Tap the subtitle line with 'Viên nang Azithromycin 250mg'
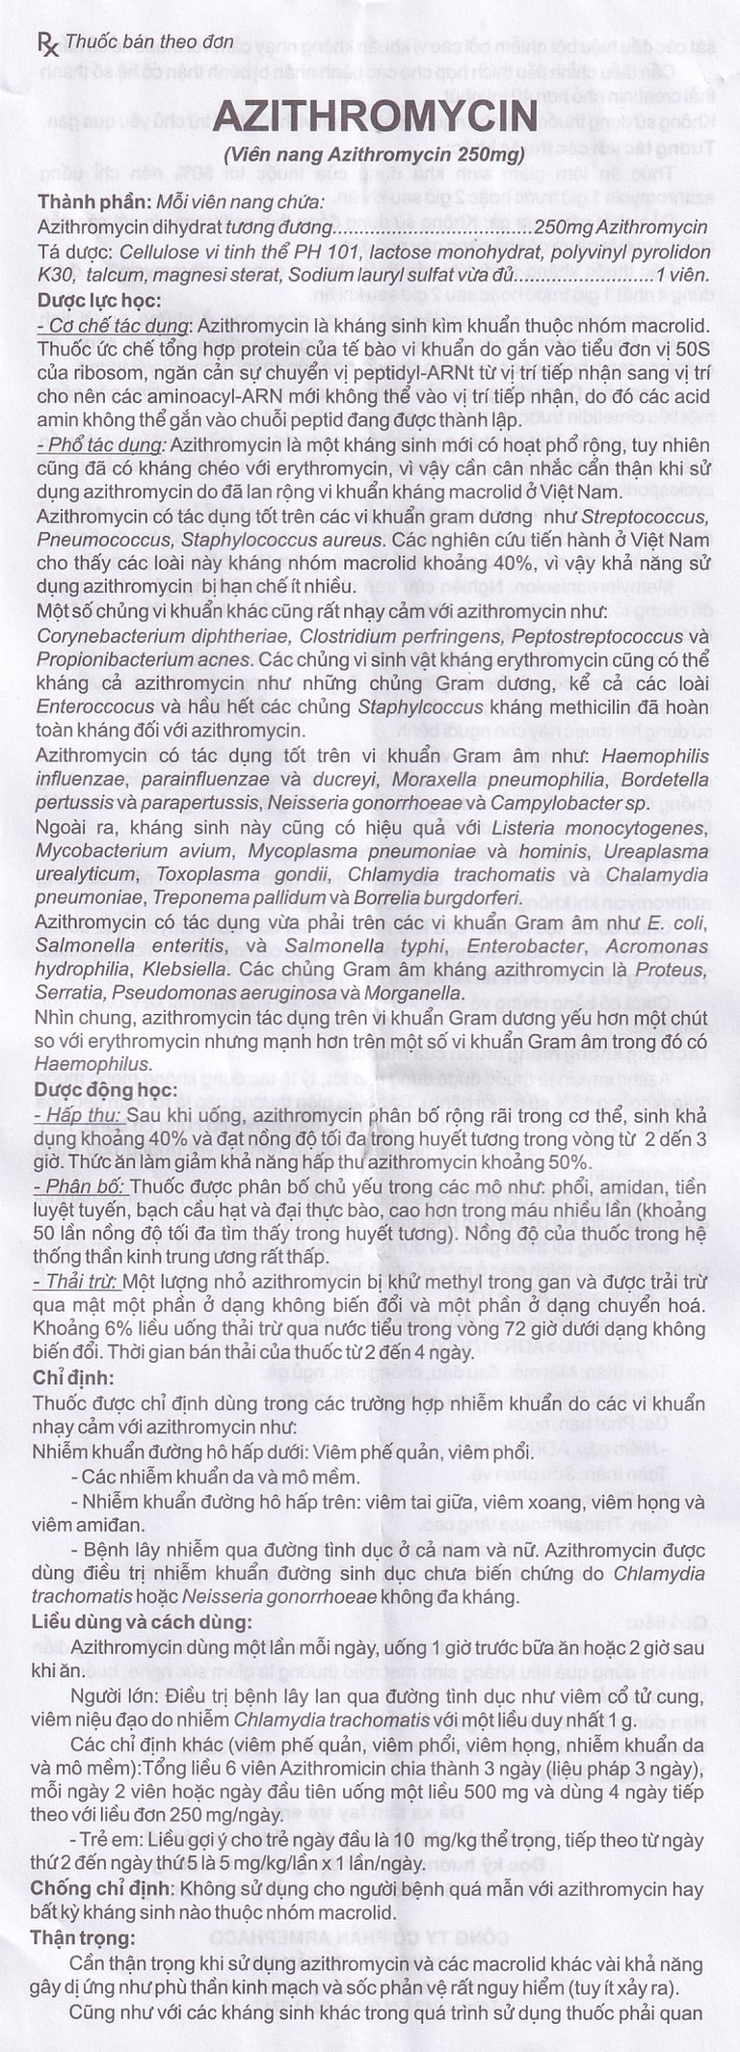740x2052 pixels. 374,154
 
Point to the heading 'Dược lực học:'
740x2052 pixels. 99,300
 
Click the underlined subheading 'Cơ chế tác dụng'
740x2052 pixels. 114,324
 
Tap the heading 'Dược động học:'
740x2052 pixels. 105,1090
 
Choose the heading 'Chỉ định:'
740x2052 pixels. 73,1377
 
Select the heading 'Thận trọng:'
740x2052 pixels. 83,1937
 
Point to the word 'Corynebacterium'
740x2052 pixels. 97,636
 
